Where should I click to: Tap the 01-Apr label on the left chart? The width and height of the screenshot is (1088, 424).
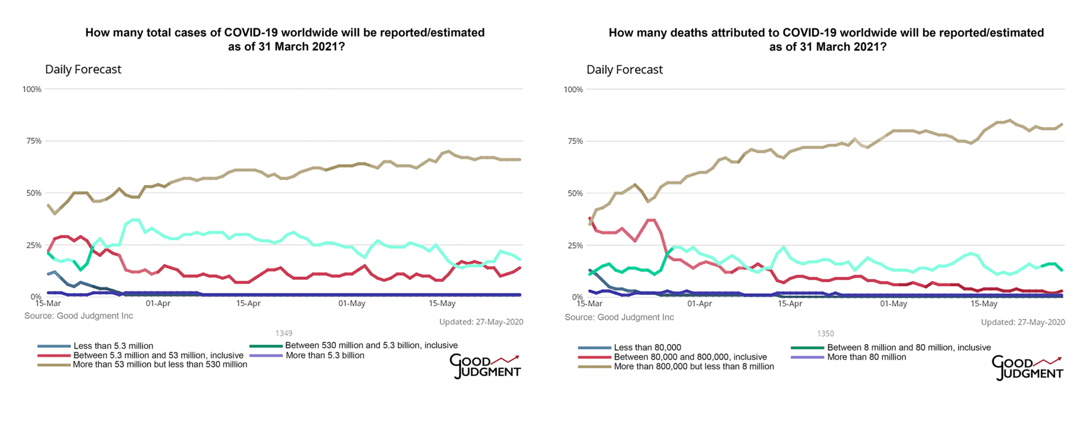pyautogui.click(x=158, y=303)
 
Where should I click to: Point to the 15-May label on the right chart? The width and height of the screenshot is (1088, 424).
pyautogui.click(x=984, y=304)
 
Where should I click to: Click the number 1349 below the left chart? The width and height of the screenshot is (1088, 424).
pyautogui.click(x=284, y=333)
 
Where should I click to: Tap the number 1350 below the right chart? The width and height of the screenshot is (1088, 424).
pyautogui.click(x=826, y=334)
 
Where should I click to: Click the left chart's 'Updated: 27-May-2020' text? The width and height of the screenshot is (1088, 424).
pyautogui.click(x=481, y=322)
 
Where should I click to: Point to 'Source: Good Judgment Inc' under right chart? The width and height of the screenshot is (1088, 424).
pyautogui.click(x=619, y=317)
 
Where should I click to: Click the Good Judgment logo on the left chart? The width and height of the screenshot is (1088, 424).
pyautogui.click(x=485, y=366)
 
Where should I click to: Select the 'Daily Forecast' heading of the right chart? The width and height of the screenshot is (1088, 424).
pyautogui.click(x=624, y=70)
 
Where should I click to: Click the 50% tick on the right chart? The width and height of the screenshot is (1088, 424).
pyautogui.click(x=574, y=194)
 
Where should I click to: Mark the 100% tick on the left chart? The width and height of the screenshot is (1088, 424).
pyautogui.click(x=32, y=89)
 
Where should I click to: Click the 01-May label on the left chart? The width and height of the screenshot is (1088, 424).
pyautogui.click(x=351, y=303)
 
